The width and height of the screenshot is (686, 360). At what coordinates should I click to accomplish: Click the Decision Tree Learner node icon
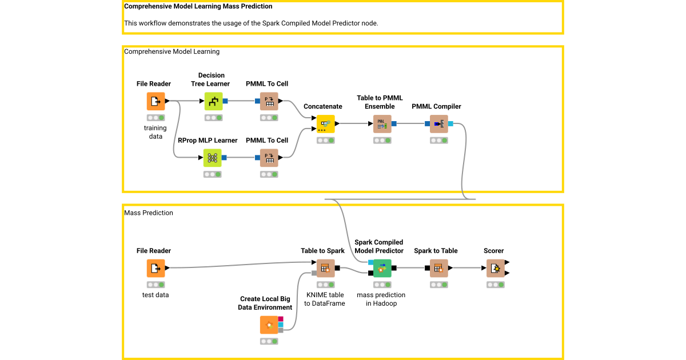(x=213, y=101)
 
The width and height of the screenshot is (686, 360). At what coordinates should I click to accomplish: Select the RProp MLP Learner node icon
(x=212, y=158)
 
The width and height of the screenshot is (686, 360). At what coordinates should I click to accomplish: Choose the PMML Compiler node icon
(x=439, y=123)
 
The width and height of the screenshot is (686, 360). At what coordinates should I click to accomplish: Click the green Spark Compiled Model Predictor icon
(x=382, y=268)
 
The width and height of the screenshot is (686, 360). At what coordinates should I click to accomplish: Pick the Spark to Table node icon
(x=438, y=268)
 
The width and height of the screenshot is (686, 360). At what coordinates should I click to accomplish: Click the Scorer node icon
(x=494, y=268)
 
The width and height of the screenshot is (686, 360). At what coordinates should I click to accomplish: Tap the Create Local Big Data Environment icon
(x=269, y=325)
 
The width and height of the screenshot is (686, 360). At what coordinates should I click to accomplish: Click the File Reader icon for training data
(x=155, y=101)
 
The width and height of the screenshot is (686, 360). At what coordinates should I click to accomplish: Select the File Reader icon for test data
(x=155, y=268)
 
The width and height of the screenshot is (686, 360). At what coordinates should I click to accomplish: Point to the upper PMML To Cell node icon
(x=269, y=101)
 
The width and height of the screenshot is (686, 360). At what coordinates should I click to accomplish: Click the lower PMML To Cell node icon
(x=269, y=158)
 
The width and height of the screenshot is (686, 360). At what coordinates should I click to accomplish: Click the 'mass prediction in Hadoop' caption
(x=381, y=299)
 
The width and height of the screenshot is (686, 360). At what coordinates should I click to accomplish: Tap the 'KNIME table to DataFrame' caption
(x=325, y=299)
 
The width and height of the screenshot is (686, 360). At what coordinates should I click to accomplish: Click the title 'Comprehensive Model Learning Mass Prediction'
(x=198, y=7)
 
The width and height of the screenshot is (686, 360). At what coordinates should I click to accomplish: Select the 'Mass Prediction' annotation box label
(x=149, y=213)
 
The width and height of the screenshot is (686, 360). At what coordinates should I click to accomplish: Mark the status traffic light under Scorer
(x=494, y=285)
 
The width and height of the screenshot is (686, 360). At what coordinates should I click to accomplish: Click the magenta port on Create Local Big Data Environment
(x=281, y=318)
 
